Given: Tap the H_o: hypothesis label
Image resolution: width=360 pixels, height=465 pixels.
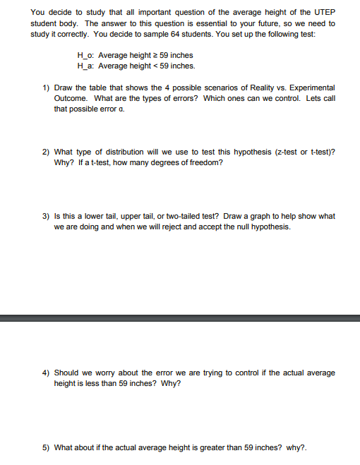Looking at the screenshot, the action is point(86,55).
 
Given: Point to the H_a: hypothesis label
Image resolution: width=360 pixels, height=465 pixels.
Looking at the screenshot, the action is point(86,66).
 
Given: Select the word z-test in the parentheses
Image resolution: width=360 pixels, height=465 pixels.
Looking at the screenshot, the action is point(280,152).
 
